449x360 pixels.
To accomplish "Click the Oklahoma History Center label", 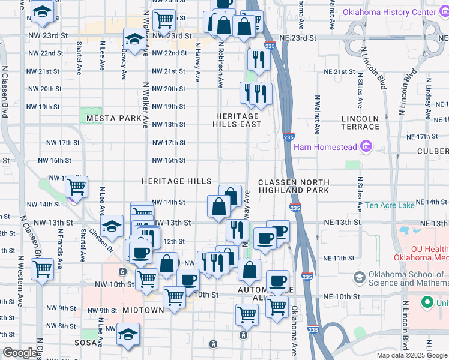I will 398,13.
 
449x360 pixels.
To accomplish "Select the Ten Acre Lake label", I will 390,205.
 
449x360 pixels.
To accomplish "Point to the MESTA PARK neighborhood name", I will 113,118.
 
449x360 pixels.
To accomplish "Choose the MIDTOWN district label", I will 143,310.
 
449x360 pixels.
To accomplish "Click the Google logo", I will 20,353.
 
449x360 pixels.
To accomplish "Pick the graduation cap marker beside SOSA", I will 127,334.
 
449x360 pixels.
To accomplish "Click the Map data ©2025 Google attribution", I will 411,355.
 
